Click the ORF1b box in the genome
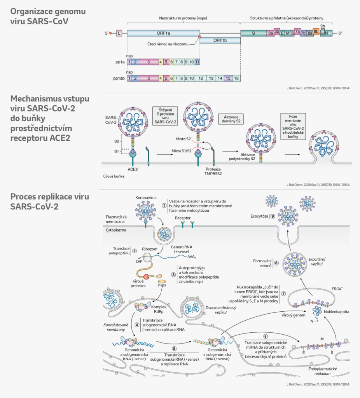pos(220,40)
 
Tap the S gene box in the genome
pos(253,33)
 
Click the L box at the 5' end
pos(119,33)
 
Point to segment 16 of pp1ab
pos(236,78)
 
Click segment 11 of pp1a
pos(197,62)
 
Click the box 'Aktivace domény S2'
pos(232,119)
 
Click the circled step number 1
pos(164,205)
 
